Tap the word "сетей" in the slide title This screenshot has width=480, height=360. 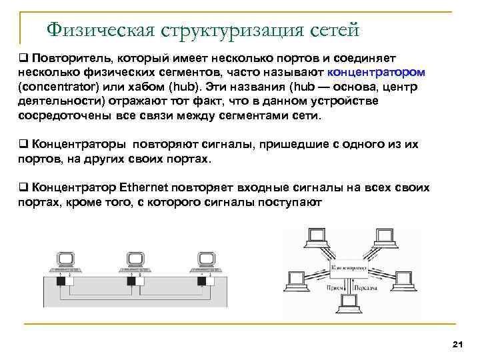point(335,29)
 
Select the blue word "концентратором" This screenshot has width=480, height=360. point(376,72)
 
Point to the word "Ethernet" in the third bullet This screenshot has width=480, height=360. point(147,188)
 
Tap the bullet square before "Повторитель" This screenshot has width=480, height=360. point(22,57)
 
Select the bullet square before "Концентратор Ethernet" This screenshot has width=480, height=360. point(22,188)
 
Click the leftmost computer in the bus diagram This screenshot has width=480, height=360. point(65,261)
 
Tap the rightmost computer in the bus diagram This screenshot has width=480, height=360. point(205,261)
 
